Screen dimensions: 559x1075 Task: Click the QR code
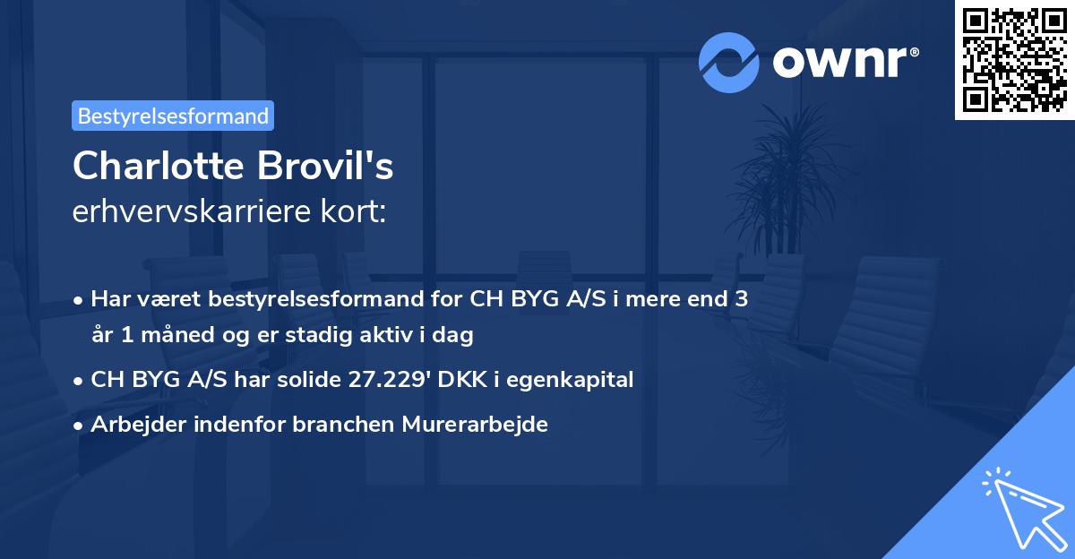pyautogui.click(x=1015, y=60)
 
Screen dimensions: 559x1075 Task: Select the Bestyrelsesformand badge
pyautogui.click(x=173, y=116)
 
